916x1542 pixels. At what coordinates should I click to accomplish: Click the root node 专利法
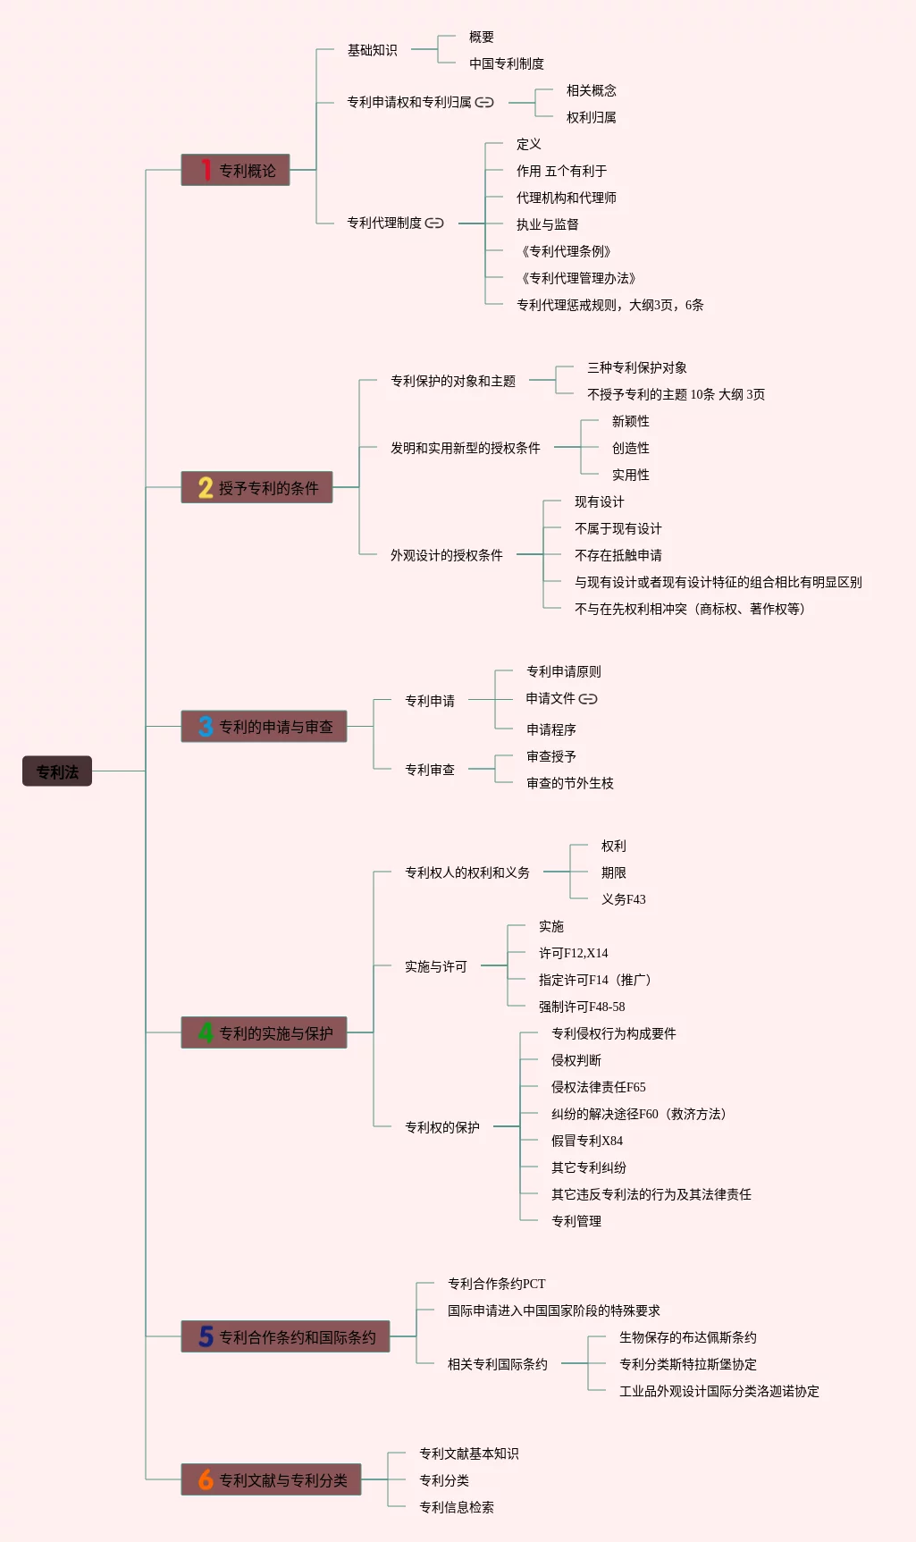tap(57, 771)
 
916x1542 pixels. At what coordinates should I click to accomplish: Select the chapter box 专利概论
tap(236, 170)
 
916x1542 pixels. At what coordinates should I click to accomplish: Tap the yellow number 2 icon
tap(206, 487)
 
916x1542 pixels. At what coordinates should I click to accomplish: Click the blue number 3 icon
tap(206, 727)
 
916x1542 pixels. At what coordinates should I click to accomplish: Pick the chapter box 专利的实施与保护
tap(265, 1032)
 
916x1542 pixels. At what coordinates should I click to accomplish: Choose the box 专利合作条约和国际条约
tap(286, 1336)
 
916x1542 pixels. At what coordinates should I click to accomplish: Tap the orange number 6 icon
tap(206, 1479)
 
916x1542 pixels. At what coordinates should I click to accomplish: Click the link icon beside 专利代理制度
tap(434, 223)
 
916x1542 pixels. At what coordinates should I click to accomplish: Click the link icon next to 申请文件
tap(588, 699)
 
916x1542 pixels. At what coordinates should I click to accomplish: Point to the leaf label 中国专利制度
tap(507, 63)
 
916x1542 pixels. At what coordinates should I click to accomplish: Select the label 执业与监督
tap(547, 224)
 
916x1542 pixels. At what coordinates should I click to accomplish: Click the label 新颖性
tap(631, 421)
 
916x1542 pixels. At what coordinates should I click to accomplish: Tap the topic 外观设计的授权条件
tap(446, 555)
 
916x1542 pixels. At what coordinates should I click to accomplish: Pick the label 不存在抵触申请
tap(618, 555)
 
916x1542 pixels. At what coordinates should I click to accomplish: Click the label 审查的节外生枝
tap(570, 783)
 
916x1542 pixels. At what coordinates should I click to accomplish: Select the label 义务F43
tap(624, 899)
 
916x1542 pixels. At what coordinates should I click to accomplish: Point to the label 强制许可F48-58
tap(582, 1007)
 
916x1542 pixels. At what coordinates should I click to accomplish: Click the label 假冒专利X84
tap(587, 1141)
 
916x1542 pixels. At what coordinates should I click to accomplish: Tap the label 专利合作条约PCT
tap(497, 1284)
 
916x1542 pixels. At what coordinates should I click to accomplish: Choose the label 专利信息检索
tap(457, 1507)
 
